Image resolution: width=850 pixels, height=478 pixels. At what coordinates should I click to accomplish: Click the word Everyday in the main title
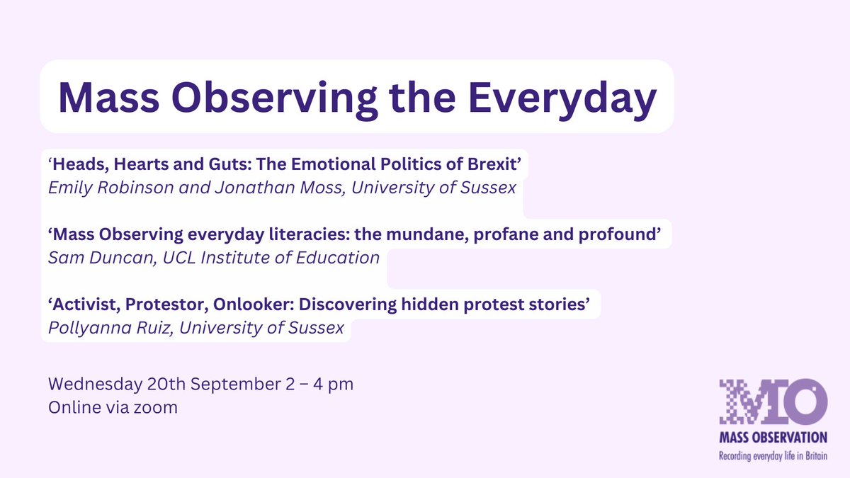tap(562, 98)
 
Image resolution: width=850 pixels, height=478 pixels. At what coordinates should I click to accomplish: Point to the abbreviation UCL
tap(179, 258)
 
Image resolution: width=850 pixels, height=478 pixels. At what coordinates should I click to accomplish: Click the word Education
tap(338, 258)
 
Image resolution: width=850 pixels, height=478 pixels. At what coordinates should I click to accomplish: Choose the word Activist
tap(84, 305)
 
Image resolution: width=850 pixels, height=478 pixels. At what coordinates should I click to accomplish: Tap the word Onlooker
tap(254, 305)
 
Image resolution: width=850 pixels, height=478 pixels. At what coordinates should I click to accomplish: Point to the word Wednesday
tap(95, 384)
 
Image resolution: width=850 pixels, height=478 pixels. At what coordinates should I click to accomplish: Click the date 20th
tap(166, 384)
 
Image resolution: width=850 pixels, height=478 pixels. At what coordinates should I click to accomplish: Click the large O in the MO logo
tap(805, 402)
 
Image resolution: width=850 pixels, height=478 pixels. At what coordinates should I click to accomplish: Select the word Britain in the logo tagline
tap(815, 455)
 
